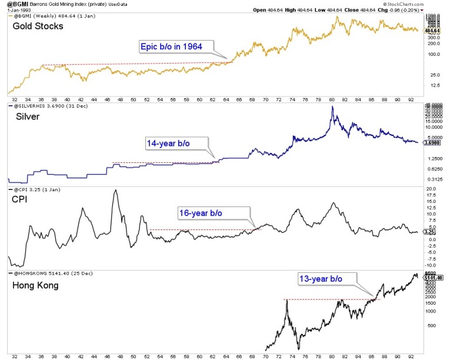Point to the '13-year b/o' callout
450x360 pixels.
(319, 278)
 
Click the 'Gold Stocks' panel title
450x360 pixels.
(36, 26)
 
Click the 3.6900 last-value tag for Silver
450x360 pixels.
(432, 143)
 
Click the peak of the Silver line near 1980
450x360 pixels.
(333, 106)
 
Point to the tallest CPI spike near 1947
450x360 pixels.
(115, 190)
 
